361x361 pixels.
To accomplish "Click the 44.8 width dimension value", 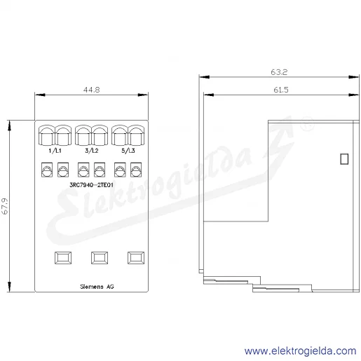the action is [x=92, y=90].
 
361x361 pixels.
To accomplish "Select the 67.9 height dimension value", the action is [x=5, y=206].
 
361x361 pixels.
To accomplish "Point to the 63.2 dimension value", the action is [x=279, y=72].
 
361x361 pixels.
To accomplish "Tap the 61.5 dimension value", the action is [x=281, y=90].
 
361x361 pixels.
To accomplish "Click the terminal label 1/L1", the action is [x=55, y=151].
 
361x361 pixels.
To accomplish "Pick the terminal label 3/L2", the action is [x=92, y=151].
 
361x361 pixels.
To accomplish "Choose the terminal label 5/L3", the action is [x=128, y=151].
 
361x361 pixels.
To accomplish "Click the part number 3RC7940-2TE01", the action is [x=91, y=185].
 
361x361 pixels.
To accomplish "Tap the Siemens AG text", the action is [x=97, y=287].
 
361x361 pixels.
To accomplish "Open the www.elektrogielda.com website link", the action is [x=301, y=351].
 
